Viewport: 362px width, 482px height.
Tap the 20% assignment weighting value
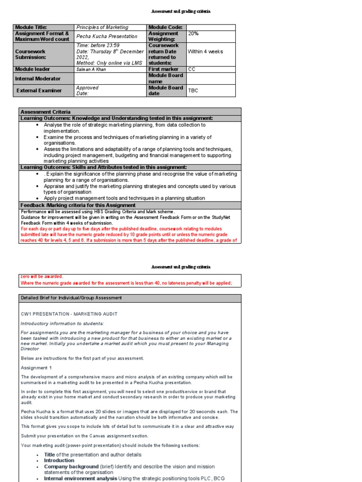pyautogui.click(x=193, y=33)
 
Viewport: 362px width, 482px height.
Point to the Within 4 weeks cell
pyautogui.click(x=206, y=51)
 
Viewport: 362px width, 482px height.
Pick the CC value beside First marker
pyautogui.click(x=192, y=69)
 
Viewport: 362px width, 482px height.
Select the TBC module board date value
pyautogui.click(x=193, y=90)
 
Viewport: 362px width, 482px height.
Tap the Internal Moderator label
pyautogui.click(x=38, y=79)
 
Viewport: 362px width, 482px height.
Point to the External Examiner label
pyautogui.click(x=39, y=90)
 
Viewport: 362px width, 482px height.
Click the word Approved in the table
pyautogui.click(x=87, y=88)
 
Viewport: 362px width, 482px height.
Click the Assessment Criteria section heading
pyautogui.click(x=45, y=112)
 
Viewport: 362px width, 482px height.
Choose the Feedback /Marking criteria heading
pyautogui.click(x=78, y=205)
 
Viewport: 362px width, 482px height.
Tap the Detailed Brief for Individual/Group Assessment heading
pyautogui.click(x=71, y=298)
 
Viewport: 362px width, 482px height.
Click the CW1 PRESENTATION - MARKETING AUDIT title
pyautogui.click(x=69, y=314)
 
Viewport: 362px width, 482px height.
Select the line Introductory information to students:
pyautogui.click(x=62, y=323)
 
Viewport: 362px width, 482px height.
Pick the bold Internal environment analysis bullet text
pyautogui.click(x=81, y=478)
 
